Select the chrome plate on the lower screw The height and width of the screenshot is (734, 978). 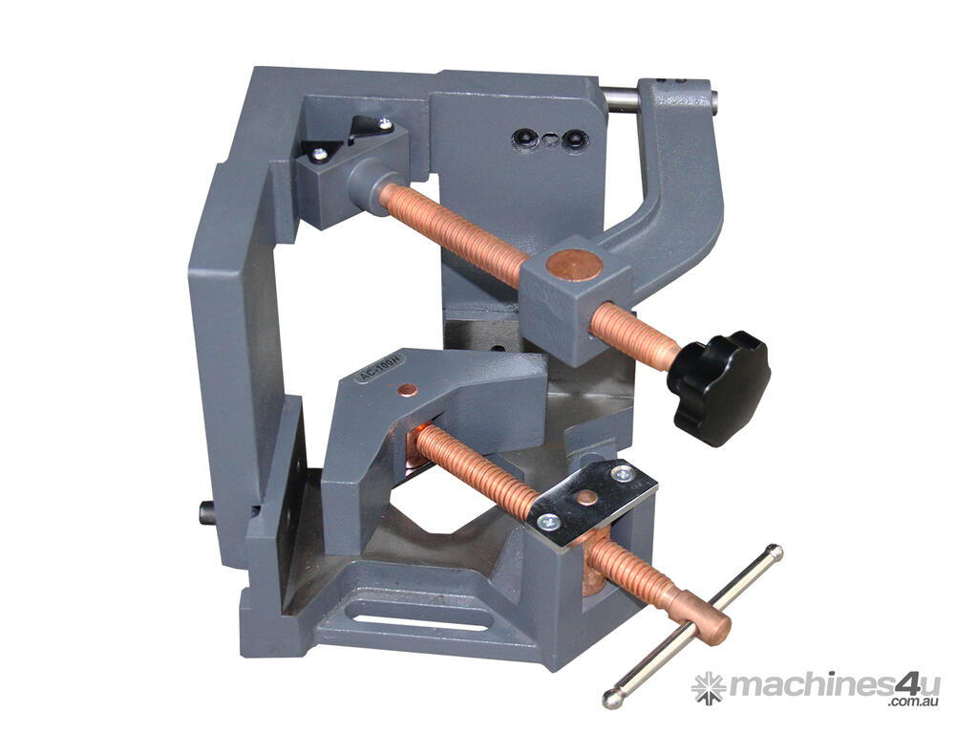[x=593, y=503]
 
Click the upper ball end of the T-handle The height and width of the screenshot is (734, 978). [x=775, y=552]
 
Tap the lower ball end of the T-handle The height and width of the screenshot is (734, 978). [x=612, y=699]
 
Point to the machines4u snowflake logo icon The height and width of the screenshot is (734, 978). [x=710, y=688]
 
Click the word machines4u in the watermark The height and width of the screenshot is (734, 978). [x=835, y=685]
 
